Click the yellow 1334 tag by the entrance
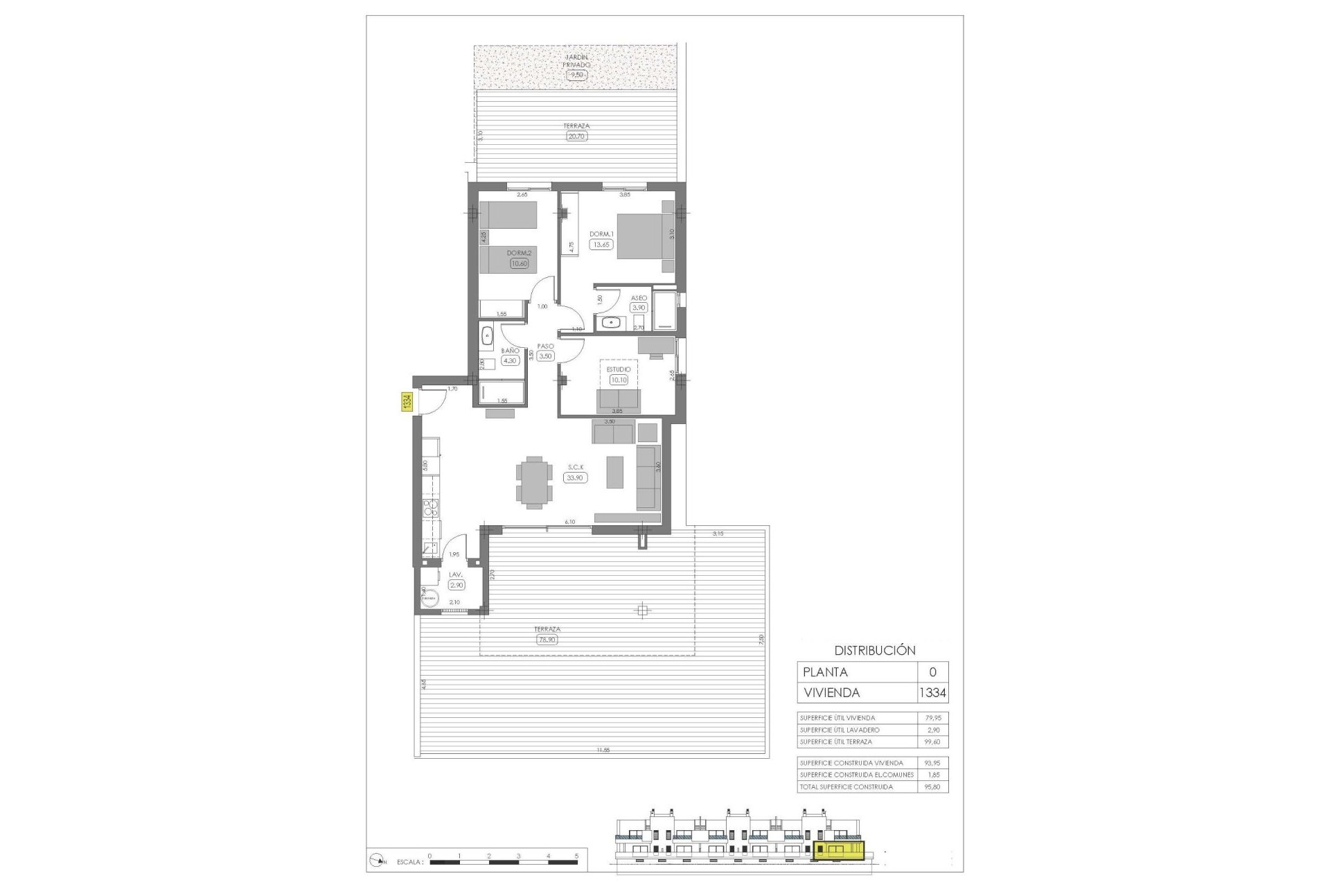(x=407, y=402)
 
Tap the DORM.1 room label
(x=601, y=234)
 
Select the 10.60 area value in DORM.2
(x=519, y=263)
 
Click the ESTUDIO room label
(x=619, y=369)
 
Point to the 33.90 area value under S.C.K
(x=575, y=477)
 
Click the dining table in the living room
(x=534, y=482)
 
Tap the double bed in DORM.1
(x=645, y=236)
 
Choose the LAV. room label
(x=455, y=574)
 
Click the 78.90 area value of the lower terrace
(x=547, y=640)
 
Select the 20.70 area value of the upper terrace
(x=576, y=137)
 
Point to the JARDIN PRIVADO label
(x=576, y=61)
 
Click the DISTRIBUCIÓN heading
(x=874, y=651)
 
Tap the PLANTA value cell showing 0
(x=932, y=671)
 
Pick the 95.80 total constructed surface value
(x=932, y=787)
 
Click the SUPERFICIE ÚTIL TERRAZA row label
(x=835, y=741)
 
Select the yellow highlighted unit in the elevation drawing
(x=839, y=851)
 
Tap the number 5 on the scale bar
(x=576, y=857)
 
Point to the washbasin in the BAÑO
(x=487, y=335)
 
